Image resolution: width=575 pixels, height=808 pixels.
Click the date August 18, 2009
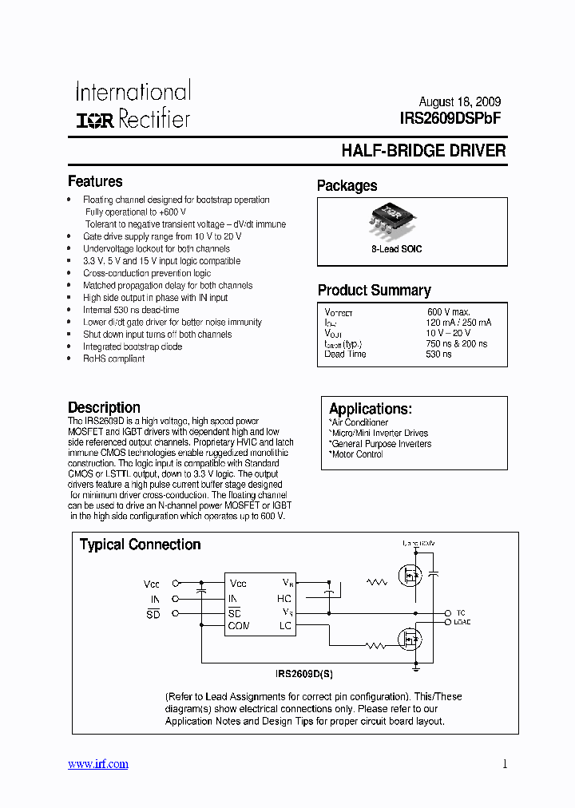(460, 102)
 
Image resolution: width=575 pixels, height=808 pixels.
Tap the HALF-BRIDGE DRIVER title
(423, 151)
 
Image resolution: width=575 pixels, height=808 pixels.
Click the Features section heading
(95, 181)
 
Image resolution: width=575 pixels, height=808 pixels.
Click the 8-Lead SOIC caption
(397, 249)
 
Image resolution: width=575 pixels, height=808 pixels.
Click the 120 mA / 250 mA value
(458, 322)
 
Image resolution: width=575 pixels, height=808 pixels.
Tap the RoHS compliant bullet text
(113, 358)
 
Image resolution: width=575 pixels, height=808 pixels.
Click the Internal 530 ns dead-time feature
(131, 310)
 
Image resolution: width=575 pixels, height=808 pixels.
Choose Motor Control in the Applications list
(356, 454)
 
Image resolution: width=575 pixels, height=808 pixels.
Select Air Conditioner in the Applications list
(359, 422)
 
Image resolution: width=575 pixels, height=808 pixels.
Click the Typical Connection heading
(140, 545)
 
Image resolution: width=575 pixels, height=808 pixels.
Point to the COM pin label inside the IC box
(239, 626)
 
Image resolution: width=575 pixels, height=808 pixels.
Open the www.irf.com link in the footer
(97, 764)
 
